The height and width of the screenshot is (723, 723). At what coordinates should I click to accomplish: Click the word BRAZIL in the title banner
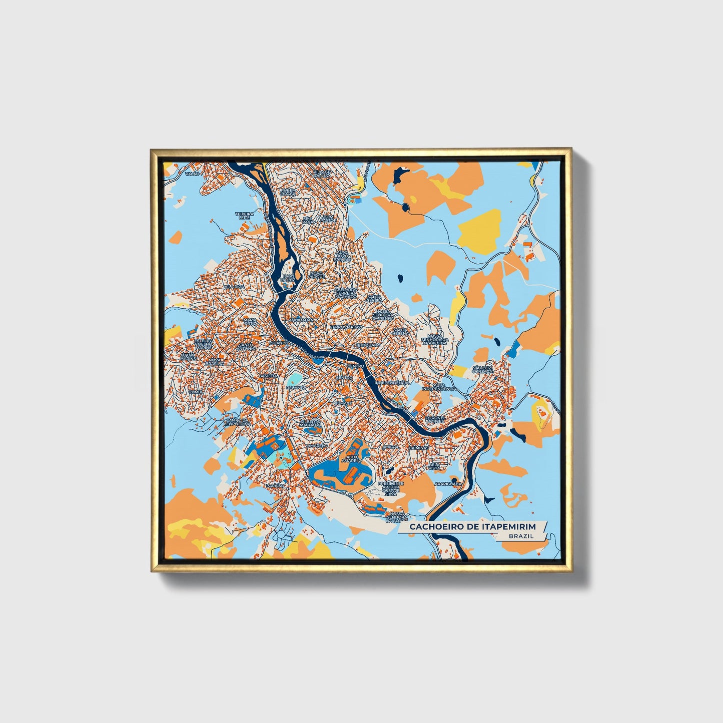pyautogui.click(x=521, y=536)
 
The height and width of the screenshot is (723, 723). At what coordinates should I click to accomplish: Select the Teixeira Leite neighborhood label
pyautogui.click(x=245, y=216)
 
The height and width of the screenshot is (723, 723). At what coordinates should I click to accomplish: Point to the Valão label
pyautogui.click(x=192, y=173)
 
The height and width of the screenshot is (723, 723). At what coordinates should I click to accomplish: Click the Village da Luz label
pyautogui.click(x=322, y=173)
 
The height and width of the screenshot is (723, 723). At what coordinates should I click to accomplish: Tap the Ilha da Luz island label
pyautogui.click(x=288, y=277)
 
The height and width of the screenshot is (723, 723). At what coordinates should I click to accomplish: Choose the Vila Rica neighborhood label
pyautogui.click(x=234, y=286)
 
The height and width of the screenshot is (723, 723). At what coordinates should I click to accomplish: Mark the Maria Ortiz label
pyautogui.click(x=250, y=321)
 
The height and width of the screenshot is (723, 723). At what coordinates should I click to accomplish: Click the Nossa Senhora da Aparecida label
pyautogui.click(x=434, y=340)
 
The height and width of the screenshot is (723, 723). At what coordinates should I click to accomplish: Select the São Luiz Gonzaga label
pyautogui.click(x=482, y=370)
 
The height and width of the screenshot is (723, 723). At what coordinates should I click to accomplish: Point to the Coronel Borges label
pyautogui.click(x=435, y=419)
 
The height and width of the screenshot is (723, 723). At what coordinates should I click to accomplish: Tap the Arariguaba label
pyautogui.click(x=448, y=484)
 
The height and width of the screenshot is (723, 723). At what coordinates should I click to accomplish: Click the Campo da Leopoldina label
pyautogui.click(x=237, y=422)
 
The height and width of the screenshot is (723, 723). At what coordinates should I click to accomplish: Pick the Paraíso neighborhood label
pyautogui.click(x=275, y=485)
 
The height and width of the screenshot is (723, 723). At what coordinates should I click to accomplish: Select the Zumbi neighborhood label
pyautogui.click(x=196, y=392)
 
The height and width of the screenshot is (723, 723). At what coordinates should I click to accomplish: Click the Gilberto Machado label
pyautogui.click(x=310, y=423)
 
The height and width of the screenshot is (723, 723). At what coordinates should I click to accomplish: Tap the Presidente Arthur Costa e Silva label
pyautogui.click(x=391, y=488)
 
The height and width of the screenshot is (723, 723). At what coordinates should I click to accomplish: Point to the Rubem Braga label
pyautogui.click(x=288, y=192)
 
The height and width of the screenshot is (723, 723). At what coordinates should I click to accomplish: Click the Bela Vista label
pyautogui.click(x=435, y=466)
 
